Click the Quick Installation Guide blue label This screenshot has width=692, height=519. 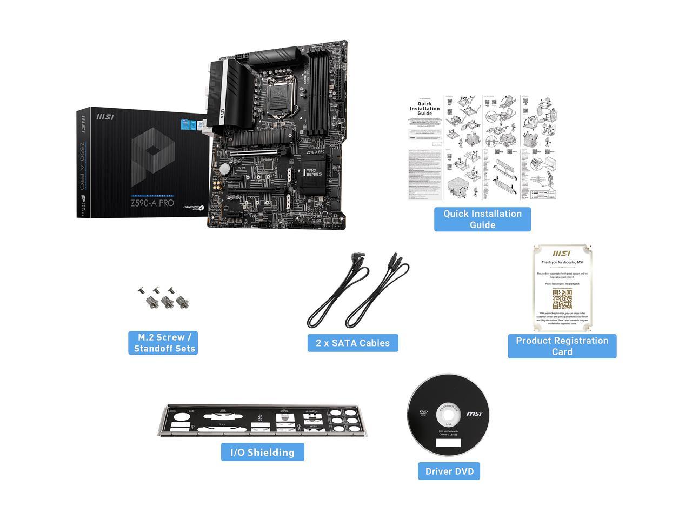[x=482, y=219]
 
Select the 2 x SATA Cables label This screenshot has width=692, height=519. [x=352, y=343]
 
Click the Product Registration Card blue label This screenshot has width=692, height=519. [x=562, y=346]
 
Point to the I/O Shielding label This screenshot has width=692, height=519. [x=262, y=452]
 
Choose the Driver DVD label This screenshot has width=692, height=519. [x=449, y=471]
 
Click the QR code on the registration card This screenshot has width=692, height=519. [x=562, y=298]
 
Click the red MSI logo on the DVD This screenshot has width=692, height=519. [x=475, y=414]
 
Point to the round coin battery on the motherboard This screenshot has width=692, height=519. [x=225, y=169]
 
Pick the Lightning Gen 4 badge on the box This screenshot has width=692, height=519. [x=194, y=208]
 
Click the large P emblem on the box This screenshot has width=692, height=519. [x=152, y=158]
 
